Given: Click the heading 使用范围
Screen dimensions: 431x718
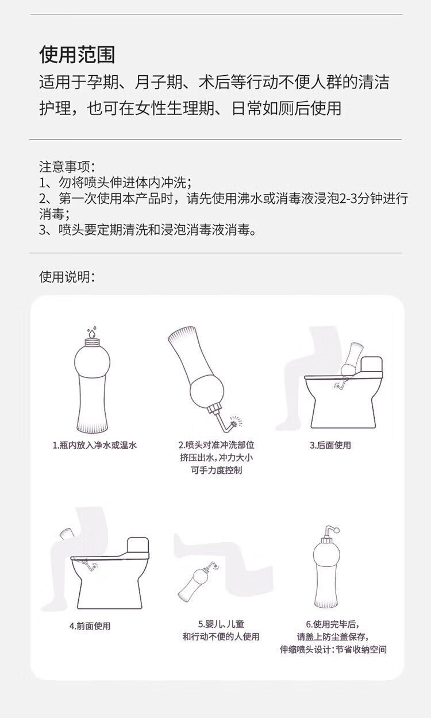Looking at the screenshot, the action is point(77,54).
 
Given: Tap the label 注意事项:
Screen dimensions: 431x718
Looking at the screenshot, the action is point(67,167).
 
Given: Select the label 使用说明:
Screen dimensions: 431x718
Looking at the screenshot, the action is point(67,277).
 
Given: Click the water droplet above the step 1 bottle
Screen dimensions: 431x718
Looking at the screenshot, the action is point(92,333).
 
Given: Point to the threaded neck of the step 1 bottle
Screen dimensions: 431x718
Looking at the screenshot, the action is point(92,343).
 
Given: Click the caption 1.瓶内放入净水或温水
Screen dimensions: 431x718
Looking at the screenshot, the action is point(95,445).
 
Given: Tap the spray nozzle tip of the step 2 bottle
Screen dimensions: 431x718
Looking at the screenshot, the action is point(234,423).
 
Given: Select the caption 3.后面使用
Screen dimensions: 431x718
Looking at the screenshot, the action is point(330,445).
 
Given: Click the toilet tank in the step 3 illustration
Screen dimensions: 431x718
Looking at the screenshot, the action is point(372,366).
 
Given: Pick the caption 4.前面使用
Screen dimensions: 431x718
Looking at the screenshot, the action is point(90,626).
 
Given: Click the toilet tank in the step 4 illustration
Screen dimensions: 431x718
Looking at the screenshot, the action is point(138,548).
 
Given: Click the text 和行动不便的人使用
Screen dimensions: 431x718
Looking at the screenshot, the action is point(221,636).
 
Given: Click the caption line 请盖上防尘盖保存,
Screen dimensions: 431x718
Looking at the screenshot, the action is point(333,636).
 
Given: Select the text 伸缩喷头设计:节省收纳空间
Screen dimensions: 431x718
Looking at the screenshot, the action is point(333,650).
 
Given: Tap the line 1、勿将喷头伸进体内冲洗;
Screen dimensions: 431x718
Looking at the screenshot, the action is point(116,183).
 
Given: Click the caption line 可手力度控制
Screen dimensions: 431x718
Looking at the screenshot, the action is point(217,470).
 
